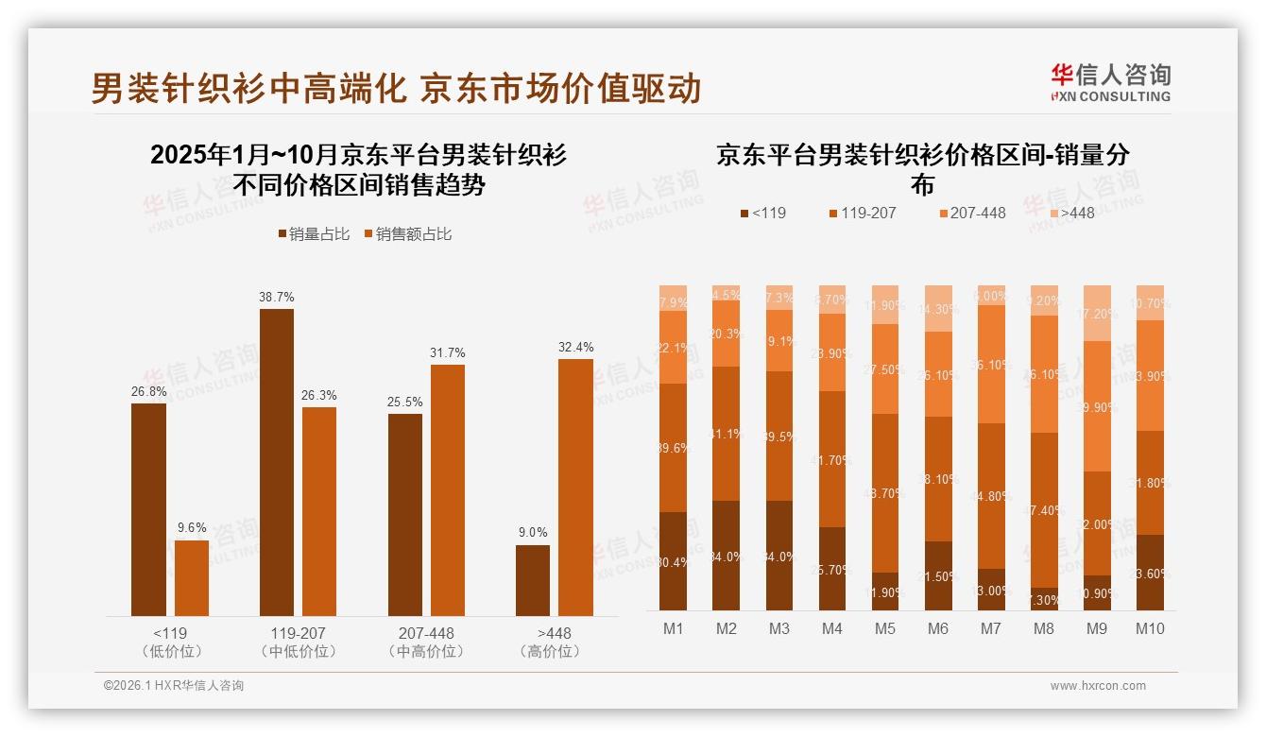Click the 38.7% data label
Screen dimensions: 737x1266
tap(276, 297)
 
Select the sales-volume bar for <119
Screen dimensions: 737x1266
tap(148, 509)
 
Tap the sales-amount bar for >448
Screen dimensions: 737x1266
tap(575, 488)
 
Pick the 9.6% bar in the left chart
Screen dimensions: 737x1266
tap(192, 577)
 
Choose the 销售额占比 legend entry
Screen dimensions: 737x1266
tap(407, 234)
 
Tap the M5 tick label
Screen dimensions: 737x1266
tap(885, 628)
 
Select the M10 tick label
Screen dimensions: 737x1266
tap(1150, 628)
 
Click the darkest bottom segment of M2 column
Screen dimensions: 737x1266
tap(727, 555)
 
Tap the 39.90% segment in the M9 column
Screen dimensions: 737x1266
tap(1097, 406)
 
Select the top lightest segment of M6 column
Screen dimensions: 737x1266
tap(938, 308)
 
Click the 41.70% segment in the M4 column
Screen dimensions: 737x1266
tap(832, 459)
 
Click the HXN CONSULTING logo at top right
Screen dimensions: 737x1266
tap(1110, 83)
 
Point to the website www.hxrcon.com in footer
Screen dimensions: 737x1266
tap(1097, 686)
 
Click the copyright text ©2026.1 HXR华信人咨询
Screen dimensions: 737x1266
tap(174, 686)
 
